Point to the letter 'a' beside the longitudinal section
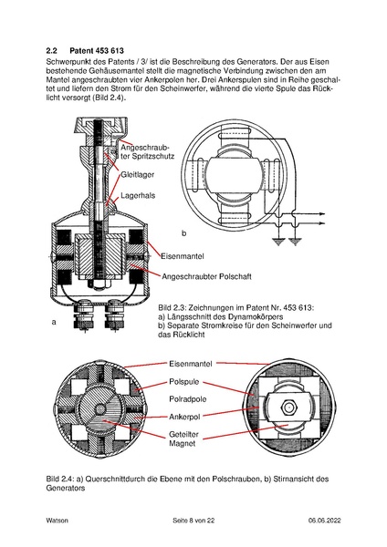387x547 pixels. (x=54, y=321)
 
